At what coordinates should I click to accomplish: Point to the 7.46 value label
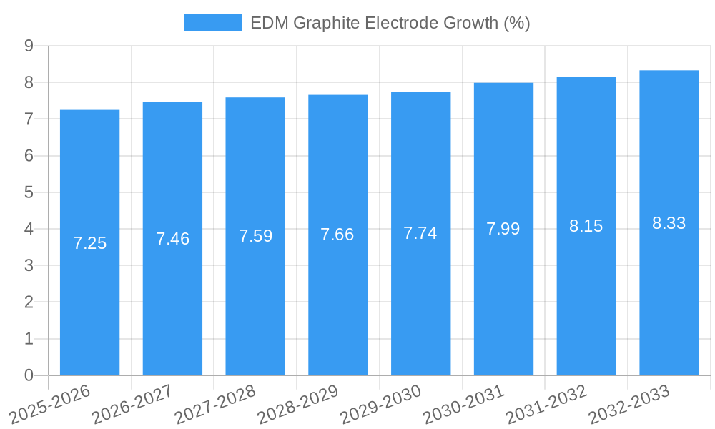click(x=172, y=239)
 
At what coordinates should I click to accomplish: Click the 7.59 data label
click(x=255, y=236)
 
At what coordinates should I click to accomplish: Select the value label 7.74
click(x=420, y=233)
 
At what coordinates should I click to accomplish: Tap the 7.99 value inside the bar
click(x=503, y=229)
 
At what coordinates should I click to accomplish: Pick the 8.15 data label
click(x=586, y=226)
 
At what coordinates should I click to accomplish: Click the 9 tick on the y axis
click(x=29, y=46)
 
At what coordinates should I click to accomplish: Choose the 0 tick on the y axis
click(x=29, y=375)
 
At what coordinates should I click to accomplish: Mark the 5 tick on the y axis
click(x=29, y=192)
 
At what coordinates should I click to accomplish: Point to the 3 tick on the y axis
click(x=29, y=266)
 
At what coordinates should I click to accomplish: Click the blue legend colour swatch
click(x=212, y=23)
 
